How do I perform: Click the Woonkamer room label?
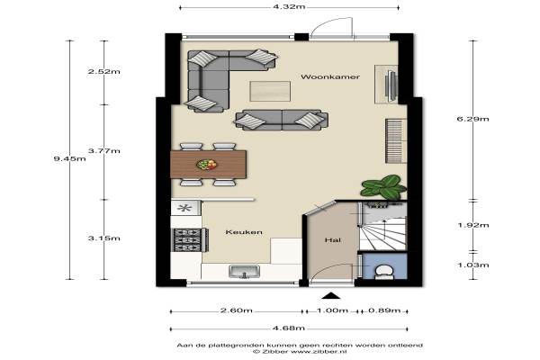pos(330,76)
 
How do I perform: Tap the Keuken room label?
pos(244,232)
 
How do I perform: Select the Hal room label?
pos(333,239)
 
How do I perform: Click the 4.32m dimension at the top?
pos(289,6)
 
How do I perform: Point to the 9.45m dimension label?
pos(70,158)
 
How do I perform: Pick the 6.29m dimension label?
pos(472,119)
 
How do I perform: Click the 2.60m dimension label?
pos(236,310)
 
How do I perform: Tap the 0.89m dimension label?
pos(384,310)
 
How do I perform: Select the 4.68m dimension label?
pos(289,328)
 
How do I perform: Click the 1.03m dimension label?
pos(472,265)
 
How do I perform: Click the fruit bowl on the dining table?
pos(207,165)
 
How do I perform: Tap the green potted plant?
pos(383,186)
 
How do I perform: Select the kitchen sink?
pos(244,272)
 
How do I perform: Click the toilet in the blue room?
pos(383,272)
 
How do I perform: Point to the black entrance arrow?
pos(331,295)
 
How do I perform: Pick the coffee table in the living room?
pos(270,91)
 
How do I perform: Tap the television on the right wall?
pos(391,85)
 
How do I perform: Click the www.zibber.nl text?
pos(319,352)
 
